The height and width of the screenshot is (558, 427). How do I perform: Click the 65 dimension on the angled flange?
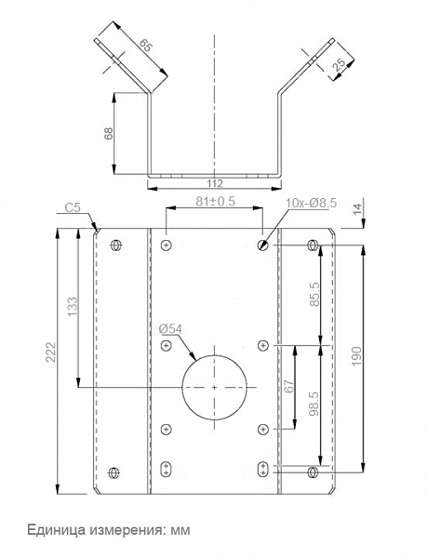click(145, 45)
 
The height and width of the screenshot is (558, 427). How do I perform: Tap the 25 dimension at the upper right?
click(340, 64)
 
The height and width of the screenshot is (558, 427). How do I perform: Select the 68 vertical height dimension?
click(109, 133)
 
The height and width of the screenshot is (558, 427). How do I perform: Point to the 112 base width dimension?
click(215, 183)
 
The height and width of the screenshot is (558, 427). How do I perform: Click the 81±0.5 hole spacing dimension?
click(215, 202)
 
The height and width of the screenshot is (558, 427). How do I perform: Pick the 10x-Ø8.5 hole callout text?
click(312, 203)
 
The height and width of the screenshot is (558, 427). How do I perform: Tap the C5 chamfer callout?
click(73, 207)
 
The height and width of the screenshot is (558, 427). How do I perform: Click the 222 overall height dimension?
click(51, 352)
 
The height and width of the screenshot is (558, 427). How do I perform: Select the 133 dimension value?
click(72, 307)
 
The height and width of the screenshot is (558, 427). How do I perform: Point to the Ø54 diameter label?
click(170, 329)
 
